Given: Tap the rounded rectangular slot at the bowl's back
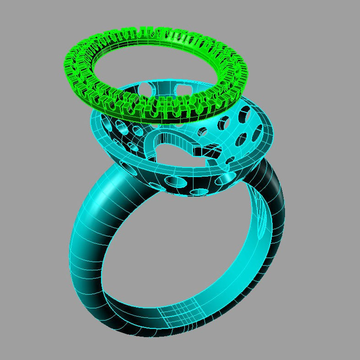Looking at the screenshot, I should pos(183,88).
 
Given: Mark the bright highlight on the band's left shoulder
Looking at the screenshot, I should pos(98,192).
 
